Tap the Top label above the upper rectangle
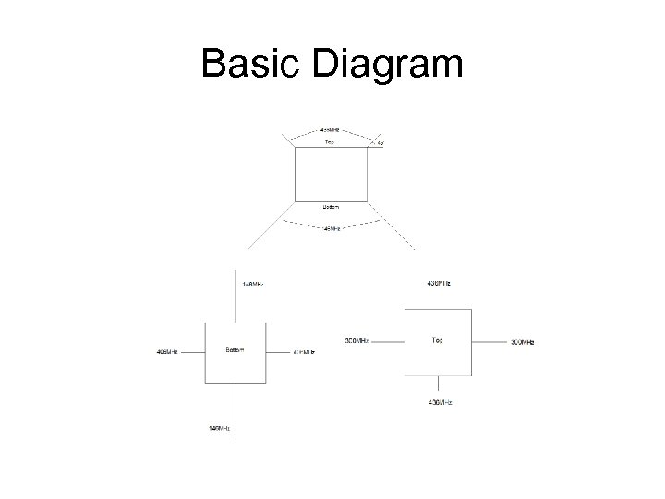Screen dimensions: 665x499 tap(330, 142)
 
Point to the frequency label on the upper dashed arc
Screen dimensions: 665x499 tap(330, 128)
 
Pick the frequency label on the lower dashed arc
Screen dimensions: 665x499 tap(331, 227)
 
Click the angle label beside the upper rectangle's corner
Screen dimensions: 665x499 tap(380, 144)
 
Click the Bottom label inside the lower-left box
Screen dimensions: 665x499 tap(235, 350)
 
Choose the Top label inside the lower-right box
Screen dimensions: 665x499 tap(437, 340)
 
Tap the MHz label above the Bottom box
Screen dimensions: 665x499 tap(252, 284)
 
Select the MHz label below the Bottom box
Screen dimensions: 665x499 tap(220, 428)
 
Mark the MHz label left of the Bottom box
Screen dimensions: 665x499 tap(167, 352)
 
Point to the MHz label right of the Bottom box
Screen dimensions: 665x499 tap(305, 352)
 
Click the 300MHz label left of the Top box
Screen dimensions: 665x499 tap(357, 341)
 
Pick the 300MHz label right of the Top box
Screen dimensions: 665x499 tap(523, 342)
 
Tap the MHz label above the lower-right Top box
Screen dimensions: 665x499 tap(439, 282)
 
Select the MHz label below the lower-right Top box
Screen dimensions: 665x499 tap(440, 403)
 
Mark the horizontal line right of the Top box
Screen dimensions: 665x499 tap(490, 341)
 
